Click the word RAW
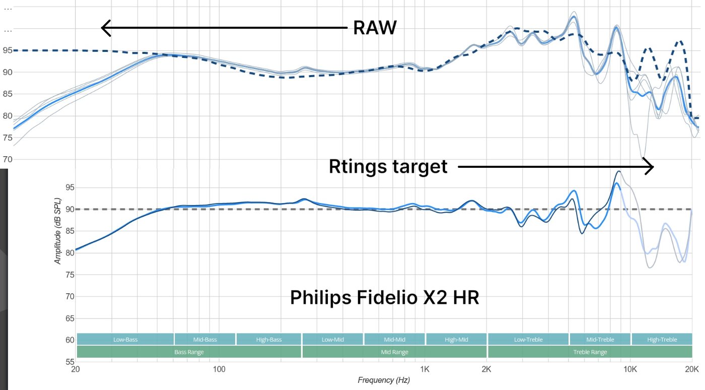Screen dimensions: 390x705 click(375, 28)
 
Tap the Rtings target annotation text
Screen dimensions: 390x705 click(388, 166)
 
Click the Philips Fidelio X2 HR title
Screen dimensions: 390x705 click(385, 298)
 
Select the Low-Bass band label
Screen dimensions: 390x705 click(125, 340)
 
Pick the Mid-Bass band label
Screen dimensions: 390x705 click(205, 340)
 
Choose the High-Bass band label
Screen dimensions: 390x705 click(268, 340)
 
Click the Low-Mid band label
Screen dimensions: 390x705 click(332, 340)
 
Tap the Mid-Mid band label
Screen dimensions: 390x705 click(395, 340)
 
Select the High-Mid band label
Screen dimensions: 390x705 click(456, 340)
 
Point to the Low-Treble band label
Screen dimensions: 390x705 click(528, 340)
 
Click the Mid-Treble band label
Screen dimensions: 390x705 click(600, 340)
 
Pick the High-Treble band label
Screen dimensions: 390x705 click(662, 340)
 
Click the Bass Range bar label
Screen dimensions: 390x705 click(189, 352)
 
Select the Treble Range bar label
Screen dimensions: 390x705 click(590, 352)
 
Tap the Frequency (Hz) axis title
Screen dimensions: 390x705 click(384, 380)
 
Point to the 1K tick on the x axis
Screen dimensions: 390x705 click(426, 368)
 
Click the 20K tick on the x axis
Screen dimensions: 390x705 click(691, 368)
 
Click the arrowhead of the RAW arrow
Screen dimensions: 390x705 click(104, 28)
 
